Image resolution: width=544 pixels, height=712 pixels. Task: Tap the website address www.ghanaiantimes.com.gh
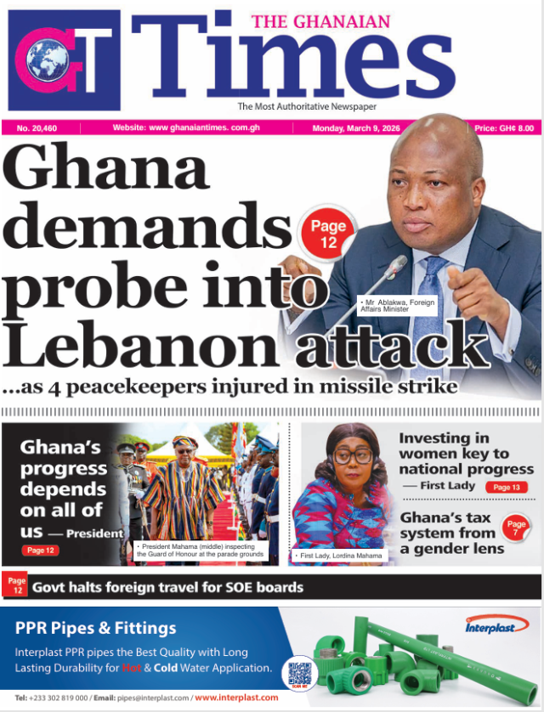[x=195, y=128]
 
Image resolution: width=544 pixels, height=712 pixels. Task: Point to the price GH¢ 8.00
[x=503, y=128]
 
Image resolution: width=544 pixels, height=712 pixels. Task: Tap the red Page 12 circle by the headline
[x=328, y=235]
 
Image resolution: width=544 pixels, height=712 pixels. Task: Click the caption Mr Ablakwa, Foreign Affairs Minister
[x=396, y=306]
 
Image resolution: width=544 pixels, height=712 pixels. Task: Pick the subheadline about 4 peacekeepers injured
[x=229, y=387]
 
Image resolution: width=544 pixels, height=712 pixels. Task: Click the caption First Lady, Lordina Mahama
[x=341, y=555]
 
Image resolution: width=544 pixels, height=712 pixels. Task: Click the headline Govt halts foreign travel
[x=167, y=587]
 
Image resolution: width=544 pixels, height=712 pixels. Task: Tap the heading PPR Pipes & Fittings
[x=96, y=629]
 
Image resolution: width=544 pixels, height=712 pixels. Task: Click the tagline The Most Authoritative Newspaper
[x=307, y=106]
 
